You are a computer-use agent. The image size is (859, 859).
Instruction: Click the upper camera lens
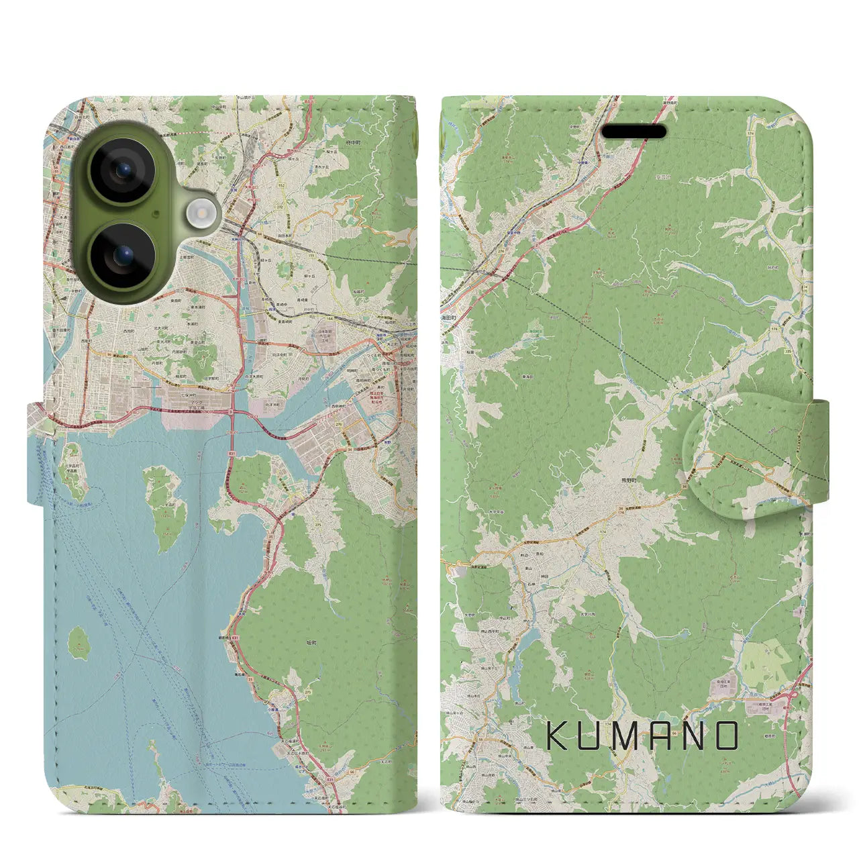tap(122, 170)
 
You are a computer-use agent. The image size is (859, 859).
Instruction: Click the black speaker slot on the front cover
tap(634, 132)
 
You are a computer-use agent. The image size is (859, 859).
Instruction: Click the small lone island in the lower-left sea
tap(80, 642)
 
